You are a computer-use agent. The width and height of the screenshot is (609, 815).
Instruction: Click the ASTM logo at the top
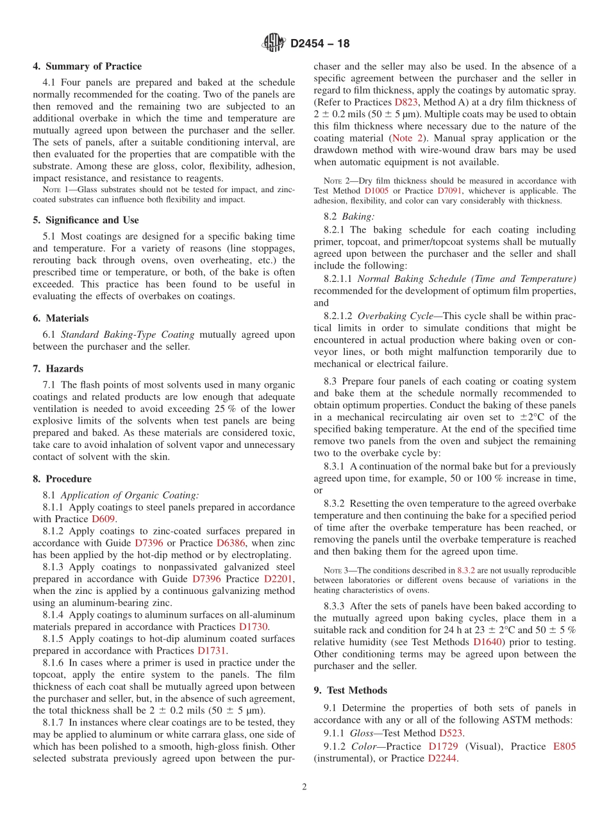(x=274, y=44)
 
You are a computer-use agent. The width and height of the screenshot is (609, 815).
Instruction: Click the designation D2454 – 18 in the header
(x=320, y=44)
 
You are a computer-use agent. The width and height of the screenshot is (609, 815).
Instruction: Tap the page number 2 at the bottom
(x=304, y=787)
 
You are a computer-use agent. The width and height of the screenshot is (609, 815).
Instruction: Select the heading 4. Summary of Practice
(x=87, y=66)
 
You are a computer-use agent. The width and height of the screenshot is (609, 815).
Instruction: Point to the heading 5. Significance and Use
(x=86, y=220)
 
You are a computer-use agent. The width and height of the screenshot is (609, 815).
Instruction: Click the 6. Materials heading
(x=61, y=318)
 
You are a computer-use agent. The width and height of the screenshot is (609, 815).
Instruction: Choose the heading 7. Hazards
(x=58, y=368)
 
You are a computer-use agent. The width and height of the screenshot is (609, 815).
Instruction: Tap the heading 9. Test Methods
(x=351, y=690)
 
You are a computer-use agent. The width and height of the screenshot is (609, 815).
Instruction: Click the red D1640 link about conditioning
(x=487, y=642)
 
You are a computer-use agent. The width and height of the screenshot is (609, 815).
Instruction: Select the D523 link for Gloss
(x=451, y=733)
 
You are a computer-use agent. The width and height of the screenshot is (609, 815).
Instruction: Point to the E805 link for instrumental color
(x=563, y=746)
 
